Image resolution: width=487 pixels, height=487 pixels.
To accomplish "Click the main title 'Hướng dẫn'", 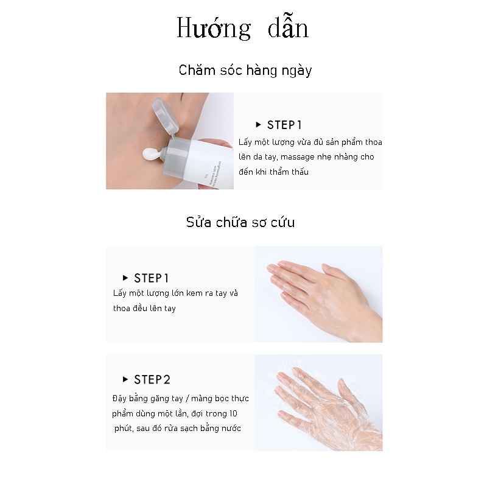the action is (242, 28).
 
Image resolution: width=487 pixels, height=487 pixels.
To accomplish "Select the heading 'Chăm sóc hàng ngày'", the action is (245, 71).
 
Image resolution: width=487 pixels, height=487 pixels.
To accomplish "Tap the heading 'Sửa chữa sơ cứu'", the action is (240, 222).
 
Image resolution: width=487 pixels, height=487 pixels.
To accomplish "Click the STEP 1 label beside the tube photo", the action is (284, 125).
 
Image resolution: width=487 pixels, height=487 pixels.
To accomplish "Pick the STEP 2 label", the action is (152, 379).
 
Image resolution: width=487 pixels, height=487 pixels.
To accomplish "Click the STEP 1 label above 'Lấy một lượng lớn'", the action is (151, 278).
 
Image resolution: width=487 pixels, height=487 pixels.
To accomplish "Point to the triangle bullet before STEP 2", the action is (125, 379).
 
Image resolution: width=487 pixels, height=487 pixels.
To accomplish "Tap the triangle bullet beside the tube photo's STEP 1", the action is (258, 125).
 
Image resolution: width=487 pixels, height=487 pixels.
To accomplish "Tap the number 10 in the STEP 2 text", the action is (233, 414).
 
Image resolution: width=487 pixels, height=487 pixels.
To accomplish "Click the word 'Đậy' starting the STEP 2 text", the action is (119, 399).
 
